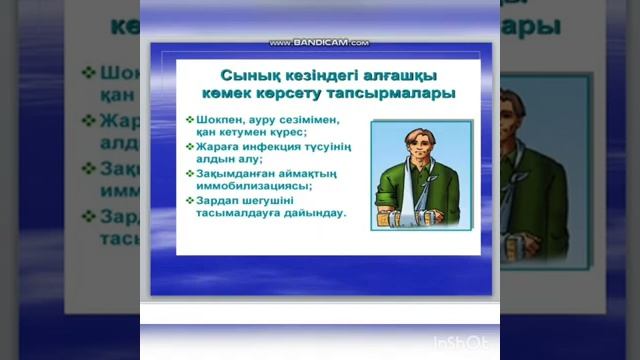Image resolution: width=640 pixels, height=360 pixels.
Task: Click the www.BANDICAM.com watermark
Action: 319,44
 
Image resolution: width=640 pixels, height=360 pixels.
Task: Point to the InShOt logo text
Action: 463,343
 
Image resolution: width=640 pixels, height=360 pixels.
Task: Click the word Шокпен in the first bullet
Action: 217,119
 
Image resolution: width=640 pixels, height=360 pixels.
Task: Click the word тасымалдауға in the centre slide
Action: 240,212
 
